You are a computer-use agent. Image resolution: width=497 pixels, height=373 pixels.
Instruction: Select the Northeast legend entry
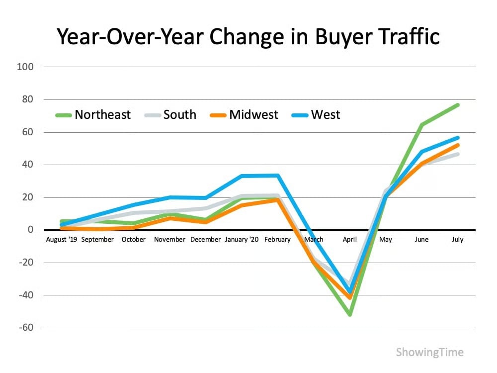coord(102,115)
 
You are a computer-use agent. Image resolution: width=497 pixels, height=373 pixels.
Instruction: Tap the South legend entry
coord(179,115)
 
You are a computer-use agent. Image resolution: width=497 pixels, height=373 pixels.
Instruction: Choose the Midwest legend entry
coord(253,115)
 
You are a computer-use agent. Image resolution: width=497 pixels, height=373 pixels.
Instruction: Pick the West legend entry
coord(326,115)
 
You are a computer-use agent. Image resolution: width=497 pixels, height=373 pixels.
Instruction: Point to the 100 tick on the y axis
coord(24,67)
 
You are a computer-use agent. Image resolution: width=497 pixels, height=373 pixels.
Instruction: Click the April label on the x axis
coord(350,240)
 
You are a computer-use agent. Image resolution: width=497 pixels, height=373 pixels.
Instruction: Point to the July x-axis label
coord(457,240)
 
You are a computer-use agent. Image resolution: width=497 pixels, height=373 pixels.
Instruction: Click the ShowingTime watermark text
coord(429,353)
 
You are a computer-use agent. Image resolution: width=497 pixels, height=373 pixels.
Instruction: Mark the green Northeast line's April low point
coord(350,315)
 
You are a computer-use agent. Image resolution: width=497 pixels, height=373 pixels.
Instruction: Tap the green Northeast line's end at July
coord(457,105)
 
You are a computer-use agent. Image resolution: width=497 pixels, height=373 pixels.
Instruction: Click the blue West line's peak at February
coord(277,175)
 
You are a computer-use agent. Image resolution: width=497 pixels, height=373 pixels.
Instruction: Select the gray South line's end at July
coord(457,154)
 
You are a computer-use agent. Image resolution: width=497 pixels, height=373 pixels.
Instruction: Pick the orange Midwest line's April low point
coord(350,297)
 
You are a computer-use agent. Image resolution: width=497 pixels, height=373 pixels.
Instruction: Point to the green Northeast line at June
coord(421,125)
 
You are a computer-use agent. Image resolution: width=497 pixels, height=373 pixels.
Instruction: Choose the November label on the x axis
coord(169,240)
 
